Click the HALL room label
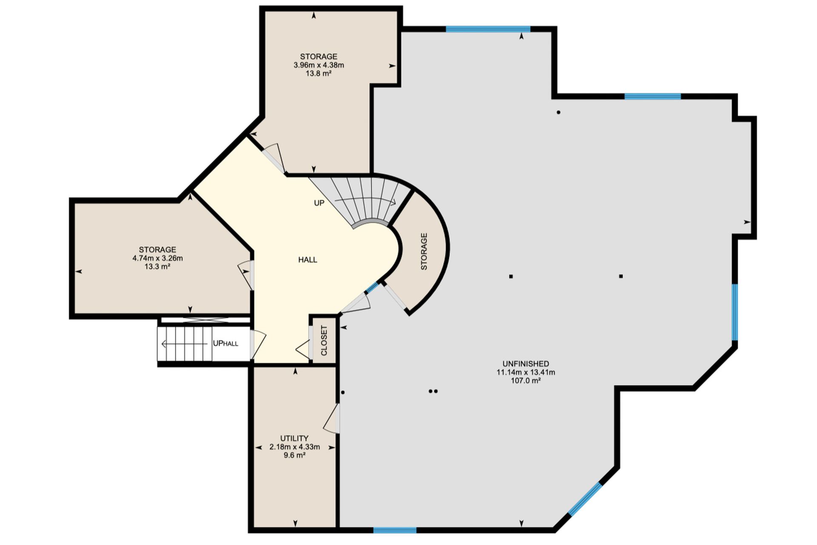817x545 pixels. (x=308, y=260)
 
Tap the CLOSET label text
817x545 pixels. (x=324, y=341)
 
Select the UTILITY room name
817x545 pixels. (x=294, y=438)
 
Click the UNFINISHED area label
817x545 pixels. (x=526, y=364)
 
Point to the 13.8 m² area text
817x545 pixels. (x=318, y=73)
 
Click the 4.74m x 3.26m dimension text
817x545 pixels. (x=157, y=258)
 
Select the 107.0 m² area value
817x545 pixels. (x=526, y=381)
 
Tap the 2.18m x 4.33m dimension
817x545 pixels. (x=294, y=447)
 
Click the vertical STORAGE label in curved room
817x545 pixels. (x=424, y=251)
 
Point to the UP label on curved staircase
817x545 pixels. (x=319, y=203)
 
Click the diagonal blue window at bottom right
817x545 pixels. (x=585, y=499)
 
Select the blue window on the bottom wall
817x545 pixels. (x=395, y=530)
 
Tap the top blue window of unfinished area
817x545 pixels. (x=488, y=29)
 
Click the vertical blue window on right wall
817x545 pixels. (x=735, y=312)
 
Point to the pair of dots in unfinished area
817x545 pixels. (x=433, y=391)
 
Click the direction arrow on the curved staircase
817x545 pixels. (x=366, y=201)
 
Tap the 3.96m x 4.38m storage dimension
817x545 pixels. (x=319, y=65)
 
